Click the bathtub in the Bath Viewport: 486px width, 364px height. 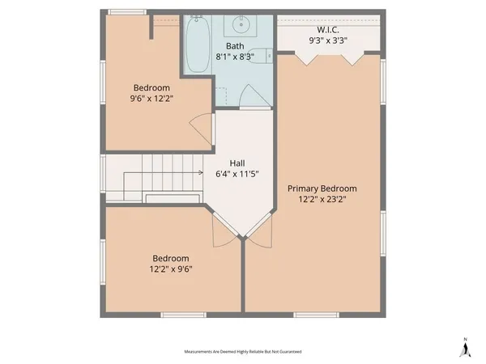point(196,44)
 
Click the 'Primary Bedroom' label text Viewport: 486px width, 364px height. point(322,188)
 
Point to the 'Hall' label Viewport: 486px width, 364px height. point(237,162)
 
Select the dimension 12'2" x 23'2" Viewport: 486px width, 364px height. point(322,200)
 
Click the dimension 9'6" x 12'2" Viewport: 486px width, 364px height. point(151,98)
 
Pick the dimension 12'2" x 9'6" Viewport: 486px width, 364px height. point(170,269)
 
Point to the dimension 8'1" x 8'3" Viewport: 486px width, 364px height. point(235,56)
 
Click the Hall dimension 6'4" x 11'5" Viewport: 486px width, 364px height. point(237,173)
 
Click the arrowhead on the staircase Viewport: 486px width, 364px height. point(200,171)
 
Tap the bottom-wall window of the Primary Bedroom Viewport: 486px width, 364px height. point(316,314)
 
